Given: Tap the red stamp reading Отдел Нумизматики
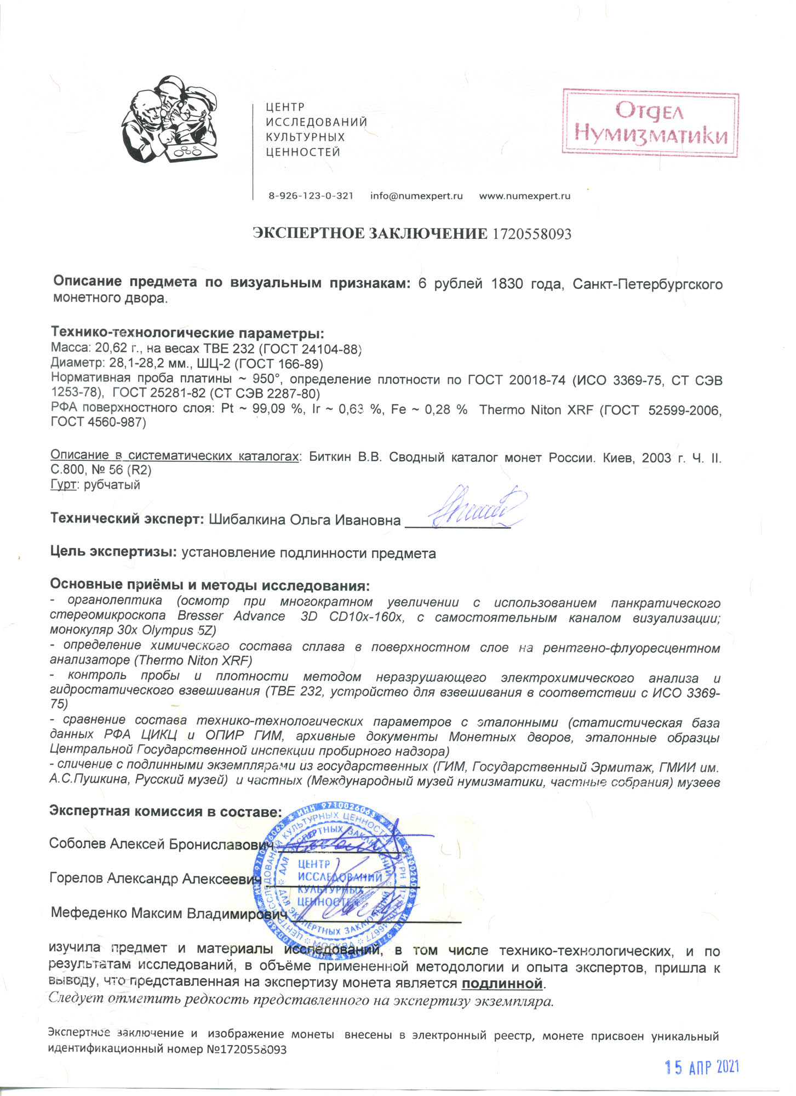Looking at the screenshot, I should point(651,124).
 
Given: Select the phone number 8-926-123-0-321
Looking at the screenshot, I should point(311,196).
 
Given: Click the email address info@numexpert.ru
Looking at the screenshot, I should point(416,196).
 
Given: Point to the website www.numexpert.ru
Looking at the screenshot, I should point(524,196).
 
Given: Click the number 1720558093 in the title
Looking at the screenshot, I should point(531,235).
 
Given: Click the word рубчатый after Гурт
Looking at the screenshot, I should point(112,485).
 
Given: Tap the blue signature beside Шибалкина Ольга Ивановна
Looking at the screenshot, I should point(476,507).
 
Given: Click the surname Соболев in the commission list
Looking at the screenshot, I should point(78,843).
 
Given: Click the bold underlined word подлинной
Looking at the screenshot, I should point(502,984).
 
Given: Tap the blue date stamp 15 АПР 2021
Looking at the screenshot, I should point(701,1068).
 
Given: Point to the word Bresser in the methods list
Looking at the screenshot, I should point(201,616).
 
